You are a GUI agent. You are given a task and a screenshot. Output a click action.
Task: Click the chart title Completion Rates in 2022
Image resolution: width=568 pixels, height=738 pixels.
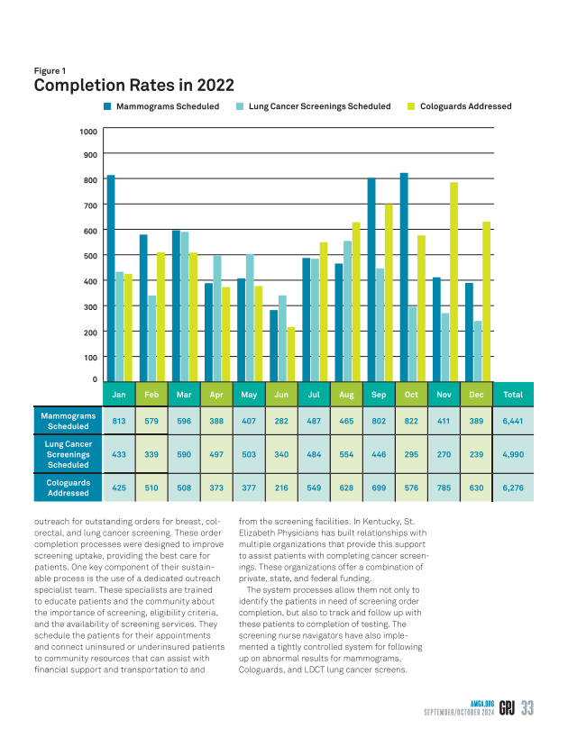point(133,86)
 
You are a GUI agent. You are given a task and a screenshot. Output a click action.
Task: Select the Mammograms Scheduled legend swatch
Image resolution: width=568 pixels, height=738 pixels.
point(107,106)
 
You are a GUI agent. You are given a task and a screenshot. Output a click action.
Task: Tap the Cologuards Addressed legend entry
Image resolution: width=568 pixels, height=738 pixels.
point(459,106)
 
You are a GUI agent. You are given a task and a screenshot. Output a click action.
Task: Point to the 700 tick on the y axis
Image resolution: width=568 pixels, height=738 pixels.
point(90,205)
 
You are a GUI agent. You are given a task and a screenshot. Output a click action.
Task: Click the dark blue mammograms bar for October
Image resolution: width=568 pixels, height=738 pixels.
point(404,278)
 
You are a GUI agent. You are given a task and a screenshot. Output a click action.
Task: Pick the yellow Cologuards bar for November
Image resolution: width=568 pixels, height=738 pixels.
point(454,282)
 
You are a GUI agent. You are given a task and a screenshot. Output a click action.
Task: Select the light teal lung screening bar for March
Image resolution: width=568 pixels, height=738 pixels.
point(185,306)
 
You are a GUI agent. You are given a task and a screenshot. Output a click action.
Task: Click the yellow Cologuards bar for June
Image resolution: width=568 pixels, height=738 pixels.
point(291,354)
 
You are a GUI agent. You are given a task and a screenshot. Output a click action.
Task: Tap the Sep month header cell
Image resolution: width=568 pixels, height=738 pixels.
point(379,395)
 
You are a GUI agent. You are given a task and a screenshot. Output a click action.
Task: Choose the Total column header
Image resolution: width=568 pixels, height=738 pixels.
point(513,395)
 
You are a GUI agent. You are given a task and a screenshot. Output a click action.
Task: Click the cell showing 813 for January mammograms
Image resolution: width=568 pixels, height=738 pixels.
point(119,421)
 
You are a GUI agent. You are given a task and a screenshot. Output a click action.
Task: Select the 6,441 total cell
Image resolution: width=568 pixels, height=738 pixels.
point(513,421)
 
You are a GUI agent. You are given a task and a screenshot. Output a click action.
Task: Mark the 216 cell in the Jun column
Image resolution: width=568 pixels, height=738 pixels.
point(281,487)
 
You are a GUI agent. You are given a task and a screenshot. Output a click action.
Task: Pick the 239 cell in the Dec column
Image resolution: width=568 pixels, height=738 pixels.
point(476,454)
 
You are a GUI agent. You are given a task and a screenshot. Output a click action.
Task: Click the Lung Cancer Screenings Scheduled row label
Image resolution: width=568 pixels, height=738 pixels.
point(69,454)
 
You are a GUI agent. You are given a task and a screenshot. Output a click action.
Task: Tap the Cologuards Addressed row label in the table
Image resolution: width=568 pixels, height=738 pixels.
point(69,487)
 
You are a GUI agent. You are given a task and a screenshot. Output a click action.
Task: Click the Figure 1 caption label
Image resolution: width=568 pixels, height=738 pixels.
point(50,70)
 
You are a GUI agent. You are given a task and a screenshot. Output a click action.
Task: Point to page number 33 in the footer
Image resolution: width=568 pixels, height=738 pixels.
point(527,708)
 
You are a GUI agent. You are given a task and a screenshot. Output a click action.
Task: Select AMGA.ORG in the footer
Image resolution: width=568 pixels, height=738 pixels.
point(482,704)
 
